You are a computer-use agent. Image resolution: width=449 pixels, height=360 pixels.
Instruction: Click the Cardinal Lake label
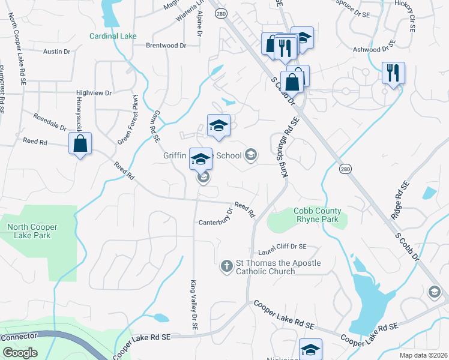tap(113, 36)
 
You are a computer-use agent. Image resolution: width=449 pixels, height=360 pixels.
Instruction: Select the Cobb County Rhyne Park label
tap(317, 215)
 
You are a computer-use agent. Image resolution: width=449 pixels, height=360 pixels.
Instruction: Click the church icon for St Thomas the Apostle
tap(226, 265)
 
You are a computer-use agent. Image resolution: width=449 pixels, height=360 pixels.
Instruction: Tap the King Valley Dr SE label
tap(194, 305)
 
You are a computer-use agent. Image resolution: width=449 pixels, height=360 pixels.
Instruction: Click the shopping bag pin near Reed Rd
tap(80, 145)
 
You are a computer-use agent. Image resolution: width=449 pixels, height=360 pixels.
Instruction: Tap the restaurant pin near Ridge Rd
tap(393, 74)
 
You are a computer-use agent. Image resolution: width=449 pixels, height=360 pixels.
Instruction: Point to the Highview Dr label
tap(94, 93)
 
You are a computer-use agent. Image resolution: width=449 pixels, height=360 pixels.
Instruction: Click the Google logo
tap(20, 353)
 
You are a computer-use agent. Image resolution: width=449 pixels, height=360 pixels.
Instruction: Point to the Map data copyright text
tap(423, 355)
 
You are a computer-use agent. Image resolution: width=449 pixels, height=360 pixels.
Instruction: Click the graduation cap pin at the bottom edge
tap(311, 349)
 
